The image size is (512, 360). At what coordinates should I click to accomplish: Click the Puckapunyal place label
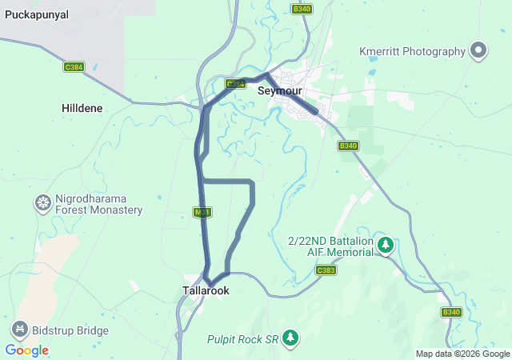pyautogui.click(x=37, y=14)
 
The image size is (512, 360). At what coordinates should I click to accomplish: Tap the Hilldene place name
pyautogui.click(x=82, y=107)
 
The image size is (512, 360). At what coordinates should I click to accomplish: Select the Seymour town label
pyautogui.click(x=278, y=91)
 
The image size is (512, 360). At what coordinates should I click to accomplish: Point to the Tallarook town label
pyautogui.click(x=206, y=291)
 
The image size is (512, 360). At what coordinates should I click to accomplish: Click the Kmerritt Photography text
pyautogui.click(x=412, y=51)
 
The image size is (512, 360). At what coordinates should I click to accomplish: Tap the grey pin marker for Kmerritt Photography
pyautogui.click(x=478, y=51)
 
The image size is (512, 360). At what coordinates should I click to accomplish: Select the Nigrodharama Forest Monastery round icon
pyautogui.click(x=42, y=204)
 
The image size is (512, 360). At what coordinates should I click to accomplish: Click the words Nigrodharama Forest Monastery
pyautogui.click(x=98, y=204)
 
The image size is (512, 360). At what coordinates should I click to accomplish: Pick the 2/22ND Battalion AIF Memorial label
pyautogui.click(x=330, y=246)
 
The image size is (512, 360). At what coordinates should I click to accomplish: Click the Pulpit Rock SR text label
pyautogui.click(x=241, y=339)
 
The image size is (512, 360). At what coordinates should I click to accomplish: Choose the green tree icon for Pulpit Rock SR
pyautogui.click(x=290, y=339)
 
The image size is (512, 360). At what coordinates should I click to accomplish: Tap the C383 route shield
pyautogui.click(x=326, y=270)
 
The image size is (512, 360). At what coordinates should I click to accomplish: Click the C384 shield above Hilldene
pyautogui.click(x=74, y=67)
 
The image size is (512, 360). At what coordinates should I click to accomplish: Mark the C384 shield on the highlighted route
pyautogui.click(x=234, y=83)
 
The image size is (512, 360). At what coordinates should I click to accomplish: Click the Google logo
pyautogui.click(x=26, y=350)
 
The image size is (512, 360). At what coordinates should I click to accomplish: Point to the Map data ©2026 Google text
pyautogui.click(x=462, y=354)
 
